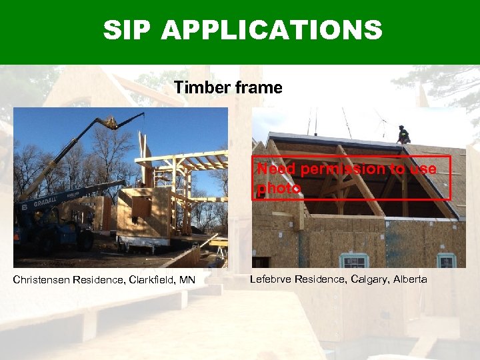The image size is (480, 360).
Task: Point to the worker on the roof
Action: (403, 135)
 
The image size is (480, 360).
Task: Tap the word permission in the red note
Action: (343, 169)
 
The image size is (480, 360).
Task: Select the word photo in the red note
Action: (279, 189)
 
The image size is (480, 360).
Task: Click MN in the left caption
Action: (187, 279)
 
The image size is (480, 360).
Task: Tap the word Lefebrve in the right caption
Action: (271, 279)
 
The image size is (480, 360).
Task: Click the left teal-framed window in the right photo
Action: (353, 261)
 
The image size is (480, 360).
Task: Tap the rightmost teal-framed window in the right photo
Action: (446, 261)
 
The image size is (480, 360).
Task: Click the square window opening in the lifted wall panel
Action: (141, 208)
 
